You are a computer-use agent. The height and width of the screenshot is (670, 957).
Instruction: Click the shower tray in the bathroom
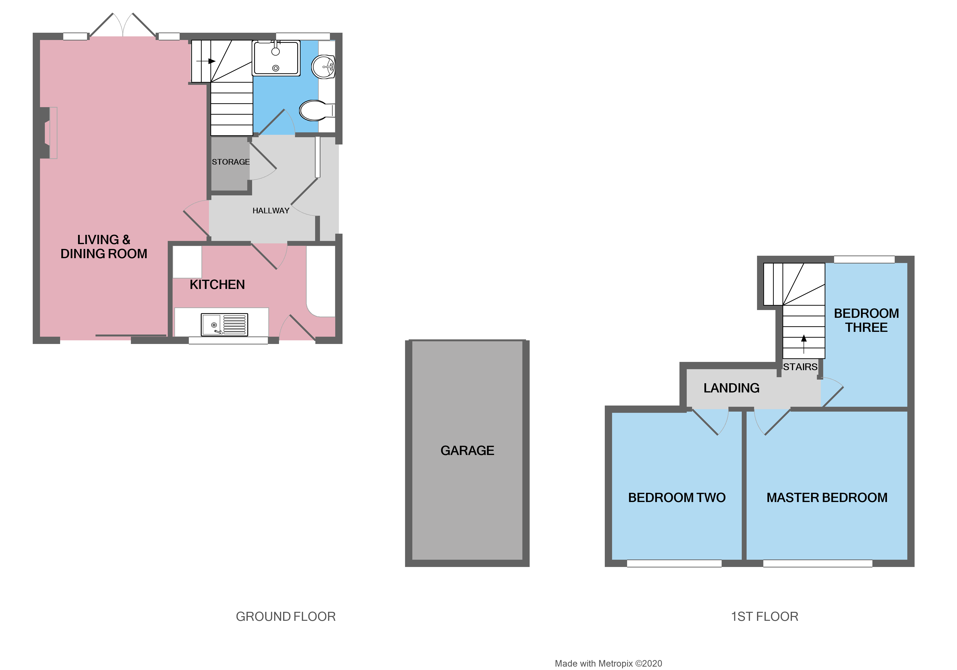pos(276,58)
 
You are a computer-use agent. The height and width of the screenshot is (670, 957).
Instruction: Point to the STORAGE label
pos(231,162)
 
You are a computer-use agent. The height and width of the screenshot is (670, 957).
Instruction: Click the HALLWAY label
pos(271,211)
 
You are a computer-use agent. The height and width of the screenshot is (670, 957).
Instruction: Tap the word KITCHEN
pos(217,285)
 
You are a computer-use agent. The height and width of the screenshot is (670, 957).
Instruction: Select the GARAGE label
pos(467,451)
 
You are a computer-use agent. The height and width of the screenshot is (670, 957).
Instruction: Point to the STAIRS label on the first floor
pos(800,367)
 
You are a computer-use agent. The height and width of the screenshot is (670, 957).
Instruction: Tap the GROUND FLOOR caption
pos(286,617)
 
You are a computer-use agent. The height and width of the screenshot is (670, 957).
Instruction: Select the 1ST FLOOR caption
pos(765,617)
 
